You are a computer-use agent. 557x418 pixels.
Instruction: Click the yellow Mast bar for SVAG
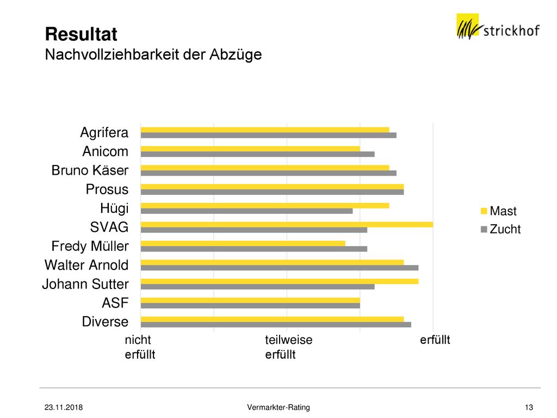(x=287, y=224)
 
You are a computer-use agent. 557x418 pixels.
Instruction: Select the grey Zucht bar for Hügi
(x=246, y=211)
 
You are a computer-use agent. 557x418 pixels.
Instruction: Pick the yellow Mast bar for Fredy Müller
(x=243, y=243)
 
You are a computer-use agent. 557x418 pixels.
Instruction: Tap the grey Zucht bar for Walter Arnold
(x=280, y=268)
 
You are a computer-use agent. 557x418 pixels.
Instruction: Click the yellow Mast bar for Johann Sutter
(x=280, y=281)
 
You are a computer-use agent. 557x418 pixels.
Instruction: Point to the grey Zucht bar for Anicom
(x=257, y=154)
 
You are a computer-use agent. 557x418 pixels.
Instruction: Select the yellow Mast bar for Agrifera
(x=265, y=130)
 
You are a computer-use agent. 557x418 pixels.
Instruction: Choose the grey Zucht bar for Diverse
(x=276, y=324)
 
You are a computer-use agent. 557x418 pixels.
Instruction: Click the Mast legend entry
(x=498, y=211)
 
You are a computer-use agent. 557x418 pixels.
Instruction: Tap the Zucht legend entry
(x=500, y=229)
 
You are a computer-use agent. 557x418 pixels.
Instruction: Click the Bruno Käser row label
(x=90, y=170)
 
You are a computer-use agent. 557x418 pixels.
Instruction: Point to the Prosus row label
(x=107, y=189)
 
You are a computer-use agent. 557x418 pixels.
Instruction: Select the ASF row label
(x=115, y=303)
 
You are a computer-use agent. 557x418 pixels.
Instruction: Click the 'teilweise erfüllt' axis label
(x=289, y=347)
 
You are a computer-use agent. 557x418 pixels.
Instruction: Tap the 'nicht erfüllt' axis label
(x=140, y=347)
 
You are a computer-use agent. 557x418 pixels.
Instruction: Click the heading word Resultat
(x=81, y=34)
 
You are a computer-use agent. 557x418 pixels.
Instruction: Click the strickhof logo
(x=498, y=26)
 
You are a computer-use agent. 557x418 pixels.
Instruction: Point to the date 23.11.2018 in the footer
(x=64, y=407)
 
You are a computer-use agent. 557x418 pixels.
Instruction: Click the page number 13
(x=529, y=407)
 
